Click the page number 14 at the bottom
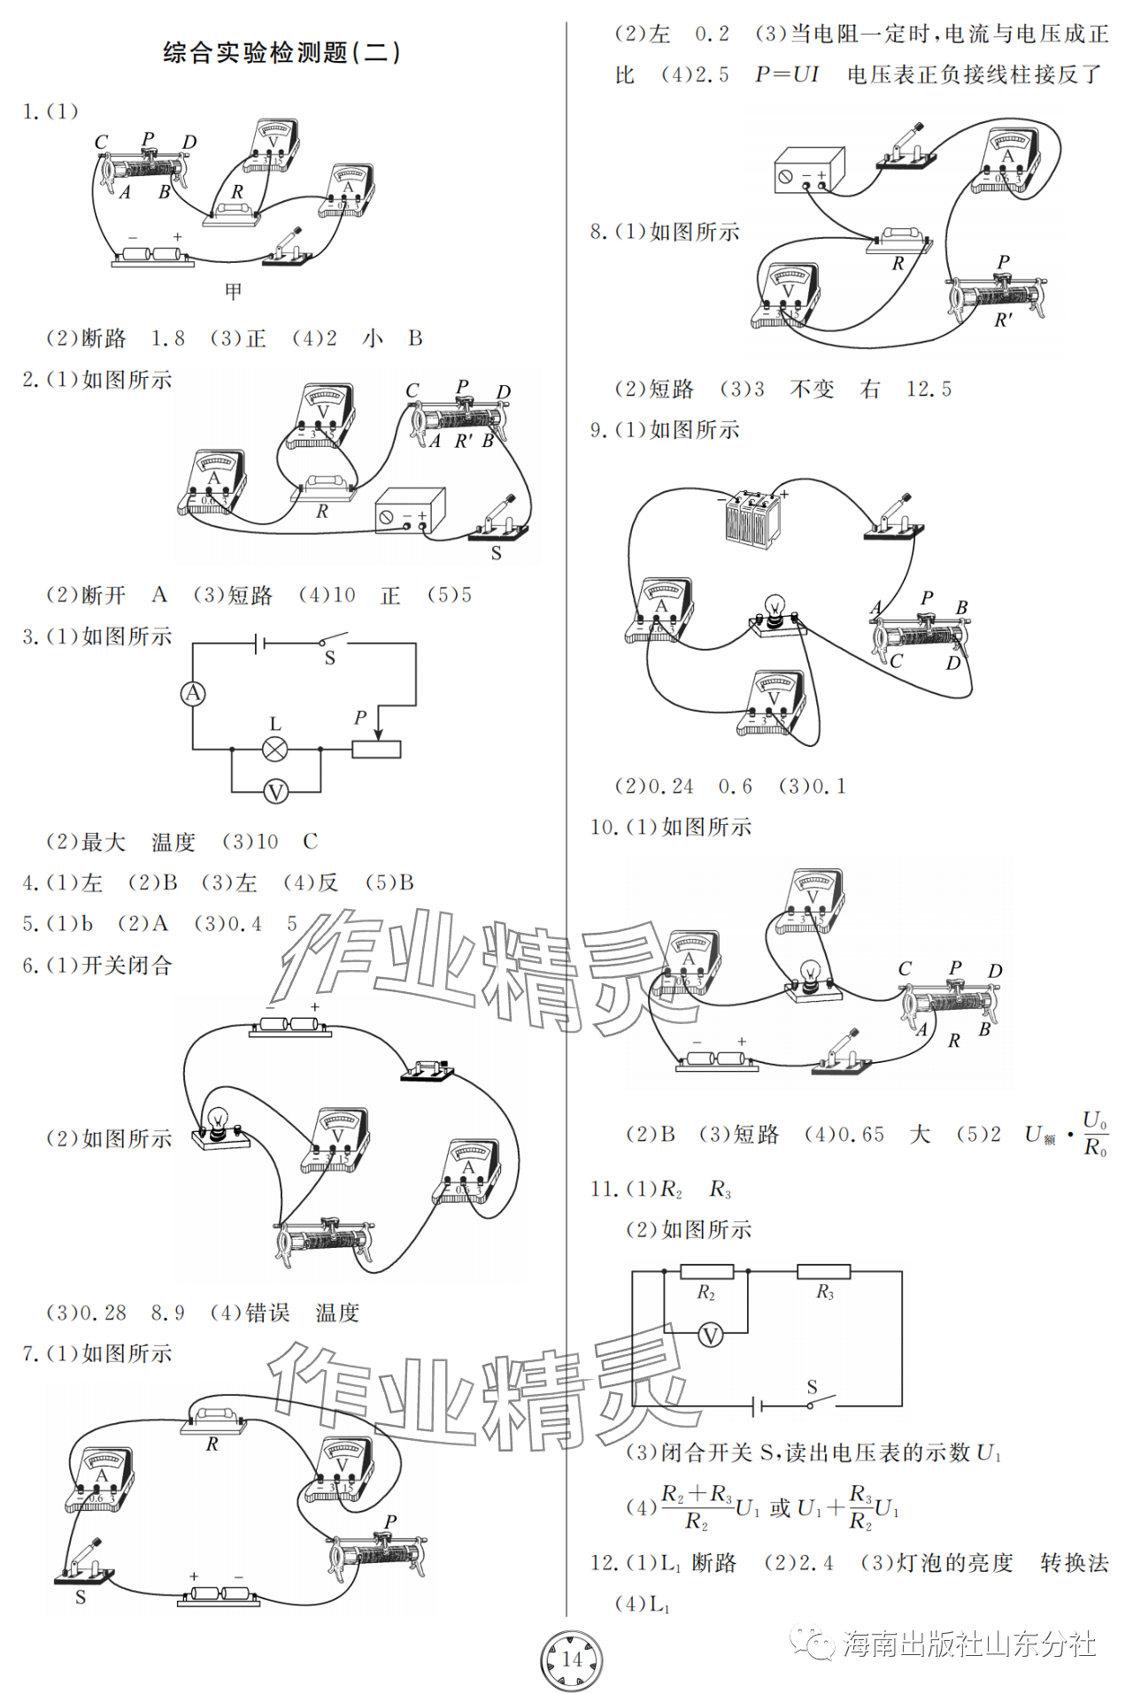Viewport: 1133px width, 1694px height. pyautogui.click(x=572, y=1659)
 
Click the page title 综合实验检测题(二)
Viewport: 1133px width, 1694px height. pyautogui.click(x=281, y=52)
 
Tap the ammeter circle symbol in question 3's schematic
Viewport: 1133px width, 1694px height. pyautogui.click(x=193, y=694)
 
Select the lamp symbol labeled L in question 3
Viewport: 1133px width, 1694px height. pyautogui.click(x=275, y=750)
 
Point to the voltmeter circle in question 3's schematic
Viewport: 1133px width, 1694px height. pyautogui.click(x=275, y=791)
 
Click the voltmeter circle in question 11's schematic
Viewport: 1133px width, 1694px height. pyautogui.click(x=710, y=1335)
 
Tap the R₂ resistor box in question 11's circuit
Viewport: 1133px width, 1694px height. pyautogui.click(x=706, y=1273)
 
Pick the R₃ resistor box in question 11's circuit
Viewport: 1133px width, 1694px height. pyautogui.click(x=823, y=1273)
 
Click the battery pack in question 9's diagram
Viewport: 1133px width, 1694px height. pyautogui.click(x=752, y=520)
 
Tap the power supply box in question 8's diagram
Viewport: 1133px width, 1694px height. pyautogui.click(x=809, y=170)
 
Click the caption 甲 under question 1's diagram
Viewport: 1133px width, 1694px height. pyautogui.click(x=233, y=291)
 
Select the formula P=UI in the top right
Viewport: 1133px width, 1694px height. pyautogui.click(x=786, y=74)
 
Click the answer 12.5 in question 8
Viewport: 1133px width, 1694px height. pyautogui.click(x=929, y=389)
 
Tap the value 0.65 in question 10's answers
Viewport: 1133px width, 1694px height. pyautogui.click(x=860, y=1135)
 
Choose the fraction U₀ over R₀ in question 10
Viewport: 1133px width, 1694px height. pyautogui.click(x=1095, y=1134)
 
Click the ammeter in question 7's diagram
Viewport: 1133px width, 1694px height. pyautogui.click(x=101, y=1479)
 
